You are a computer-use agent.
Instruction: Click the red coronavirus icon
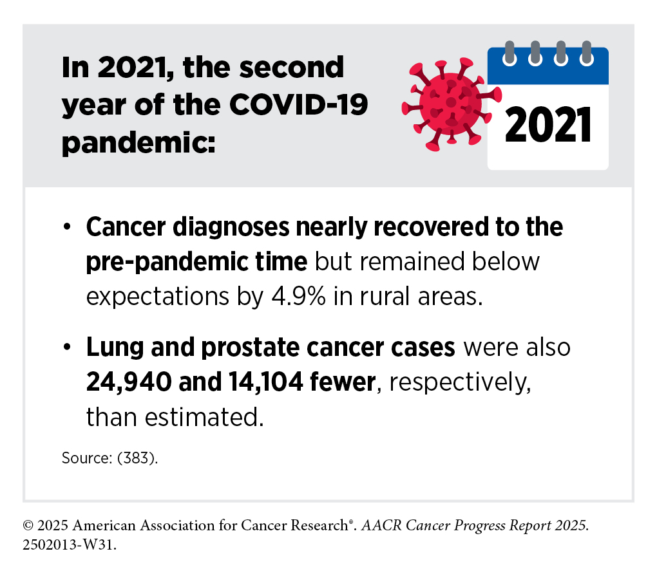click(x=452, y=104)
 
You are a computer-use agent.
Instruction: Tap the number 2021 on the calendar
click(x=548, y=125)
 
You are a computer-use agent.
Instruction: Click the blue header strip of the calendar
click(x=548, y=67)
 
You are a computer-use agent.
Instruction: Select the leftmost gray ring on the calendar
click(x=509, y=53)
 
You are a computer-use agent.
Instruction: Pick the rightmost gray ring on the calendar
click(x=587, y=53)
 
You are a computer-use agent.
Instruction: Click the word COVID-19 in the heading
click(x=298, y=104)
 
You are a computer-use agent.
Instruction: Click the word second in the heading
click(x=291, y=67)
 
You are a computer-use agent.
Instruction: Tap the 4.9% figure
click(x=299, y=297)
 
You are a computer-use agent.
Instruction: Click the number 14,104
click(x=265, y=382)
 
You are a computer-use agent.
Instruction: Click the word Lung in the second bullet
click(x=115, y=348)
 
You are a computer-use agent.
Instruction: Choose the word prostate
click(x=250, y=348)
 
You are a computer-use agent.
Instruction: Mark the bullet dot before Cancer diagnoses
click(x=66, y=227)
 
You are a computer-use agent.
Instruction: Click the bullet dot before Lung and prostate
click(x=66, y=347)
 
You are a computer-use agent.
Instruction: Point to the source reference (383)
click(x=137, y=458)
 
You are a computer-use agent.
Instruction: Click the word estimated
click(x=204, y=418)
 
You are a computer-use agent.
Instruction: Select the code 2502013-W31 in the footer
click(x=69, y=545)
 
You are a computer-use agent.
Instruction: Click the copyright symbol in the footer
click(x=28, y=526)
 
